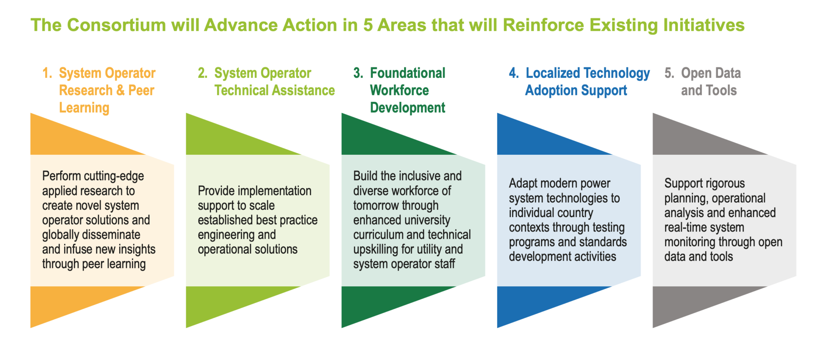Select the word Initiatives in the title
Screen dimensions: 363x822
704,25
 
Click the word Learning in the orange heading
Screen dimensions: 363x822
84,108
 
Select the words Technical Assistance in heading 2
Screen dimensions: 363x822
275,91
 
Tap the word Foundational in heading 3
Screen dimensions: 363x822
407,73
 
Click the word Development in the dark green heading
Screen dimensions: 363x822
407,108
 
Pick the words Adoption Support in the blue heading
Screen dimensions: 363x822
576,91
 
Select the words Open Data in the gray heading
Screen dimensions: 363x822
711,73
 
